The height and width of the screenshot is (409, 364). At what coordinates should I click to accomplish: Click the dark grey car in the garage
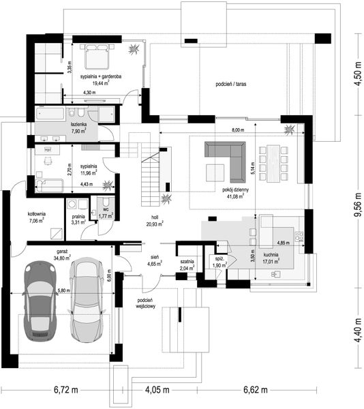tap(40, 301)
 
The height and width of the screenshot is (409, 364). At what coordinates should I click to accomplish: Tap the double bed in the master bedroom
tap(97, 57)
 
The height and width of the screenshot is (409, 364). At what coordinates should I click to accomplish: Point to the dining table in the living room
tap(273, 164)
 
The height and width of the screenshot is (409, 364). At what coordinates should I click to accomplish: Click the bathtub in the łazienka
tap(50, 114)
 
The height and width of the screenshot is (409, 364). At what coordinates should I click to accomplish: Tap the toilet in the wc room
tap(106, 202)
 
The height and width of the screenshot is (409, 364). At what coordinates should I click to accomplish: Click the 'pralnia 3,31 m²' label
tap(78, 219)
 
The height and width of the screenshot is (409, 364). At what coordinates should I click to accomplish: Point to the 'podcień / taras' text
tap(231, 85)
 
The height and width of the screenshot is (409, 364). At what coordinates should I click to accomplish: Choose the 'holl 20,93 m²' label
tap(155, 220)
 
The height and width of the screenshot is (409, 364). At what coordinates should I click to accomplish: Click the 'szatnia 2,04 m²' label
tap(187, 264)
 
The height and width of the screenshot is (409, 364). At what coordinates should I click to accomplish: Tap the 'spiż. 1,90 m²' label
tap(219, 262)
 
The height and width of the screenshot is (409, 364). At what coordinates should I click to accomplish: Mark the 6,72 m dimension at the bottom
tap(66, 390)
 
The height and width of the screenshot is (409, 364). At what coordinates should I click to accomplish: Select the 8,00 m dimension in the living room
tap(238, 130)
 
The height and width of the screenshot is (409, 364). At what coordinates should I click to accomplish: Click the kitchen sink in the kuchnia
tap(275, 274)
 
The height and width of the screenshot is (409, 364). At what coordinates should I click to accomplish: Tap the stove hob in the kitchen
tap(299, 236)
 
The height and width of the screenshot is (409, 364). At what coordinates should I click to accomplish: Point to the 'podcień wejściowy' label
tap(145, 303)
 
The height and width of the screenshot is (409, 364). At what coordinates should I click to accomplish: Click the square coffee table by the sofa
tap(215, 172)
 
